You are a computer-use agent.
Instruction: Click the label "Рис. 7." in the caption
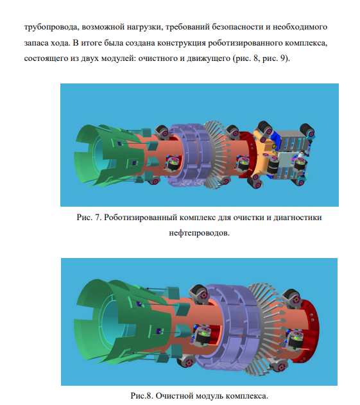[89, 217]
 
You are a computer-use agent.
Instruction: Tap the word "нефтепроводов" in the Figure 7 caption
[198, 233]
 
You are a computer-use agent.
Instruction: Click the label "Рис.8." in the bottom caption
[142, 395]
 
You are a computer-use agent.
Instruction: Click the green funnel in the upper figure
[108, 155]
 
